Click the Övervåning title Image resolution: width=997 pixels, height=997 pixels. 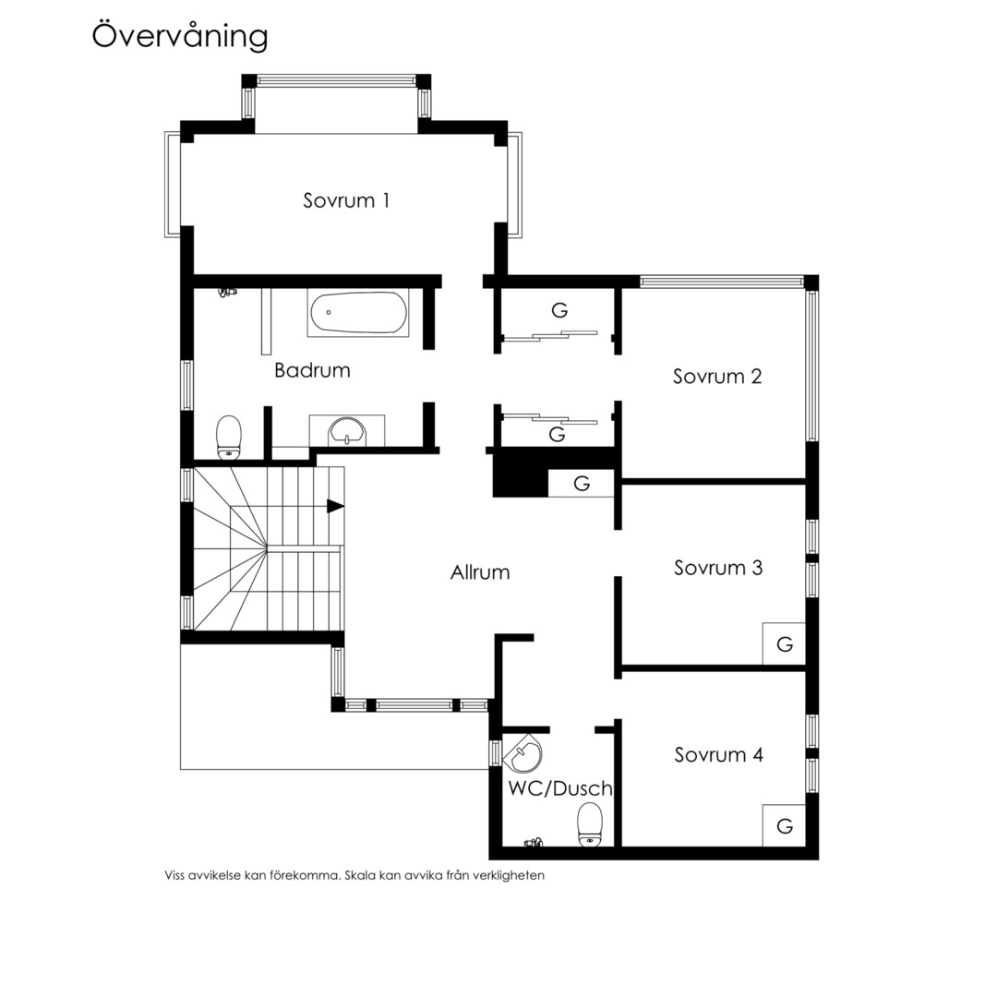coord(180,36)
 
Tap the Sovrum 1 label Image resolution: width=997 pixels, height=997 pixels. coord(346,200)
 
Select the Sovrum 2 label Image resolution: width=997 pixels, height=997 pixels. coord(717,377)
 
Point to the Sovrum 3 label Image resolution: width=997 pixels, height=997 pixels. coord(718,568)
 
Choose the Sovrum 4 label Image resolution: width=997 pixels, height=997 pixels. coord(718,755)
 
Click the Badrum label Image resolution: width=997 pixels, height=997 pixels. coord(312,370)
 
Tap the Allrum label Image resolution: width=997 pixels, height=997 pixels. coord(480,572)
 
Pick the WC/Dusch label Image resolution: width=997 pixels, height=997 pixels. coord(560,788)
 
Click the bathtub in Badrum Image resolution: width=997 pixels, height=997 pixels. coord(358,313)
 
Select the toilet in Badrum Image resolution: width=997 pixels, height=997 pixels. coord(229,437)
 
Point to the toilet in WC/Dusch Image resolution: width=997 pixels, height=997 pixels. coord(590,824)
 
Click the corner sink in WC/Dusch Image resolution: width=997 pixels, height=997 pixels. coord(522,753)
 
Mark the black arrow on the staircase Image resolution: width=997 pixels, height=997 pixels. coord(335,506)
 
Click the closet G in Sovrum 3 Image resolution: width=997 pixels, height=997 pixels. coord(784,643)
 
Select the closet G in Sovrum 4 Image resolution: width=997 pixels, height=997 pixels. coord(784,825)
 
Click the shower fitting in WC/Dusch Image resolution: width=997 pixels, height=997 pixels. coord(533,843)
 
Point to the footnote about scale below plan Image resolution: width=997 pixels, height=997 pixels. coord(354,875)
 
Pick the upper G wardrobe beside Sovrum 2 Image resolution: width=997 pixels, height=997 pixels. coord(559,310)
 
